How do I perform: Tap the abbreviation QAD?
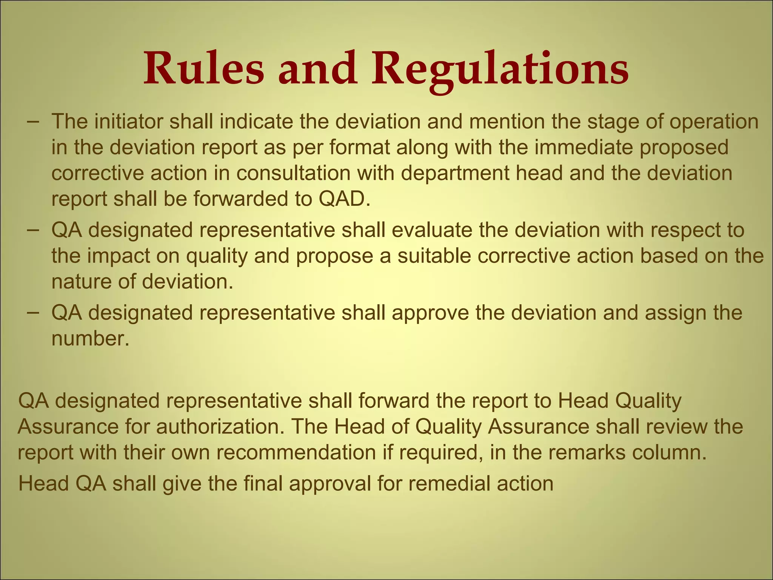344,199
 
